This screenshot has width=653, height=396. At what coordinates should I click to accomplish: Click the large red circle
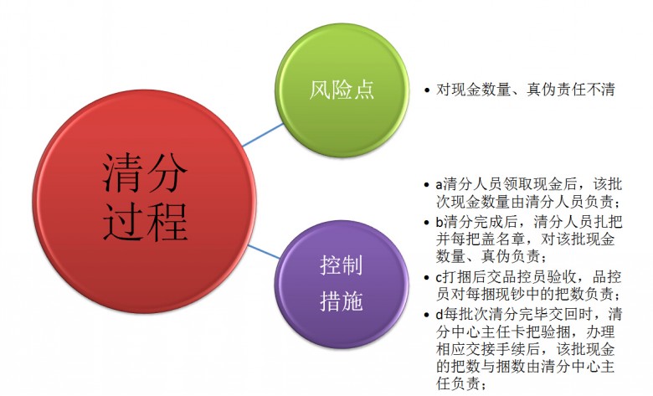144,202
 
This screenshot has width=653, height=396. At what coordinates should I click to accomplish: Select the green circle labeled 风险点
342,90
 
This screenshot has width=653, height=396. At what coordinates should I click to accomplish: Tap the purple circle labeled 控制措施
342,285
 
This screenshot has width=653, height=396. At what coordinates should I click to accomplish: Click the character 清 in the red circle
122,172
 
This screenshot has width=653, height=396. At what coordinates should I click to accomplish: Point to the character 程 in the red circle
167,222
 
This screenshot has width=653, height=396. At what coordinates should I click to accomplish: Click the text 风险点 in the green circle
342,90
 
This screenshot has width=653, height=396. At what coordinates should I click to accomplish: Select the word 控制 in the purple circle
342,265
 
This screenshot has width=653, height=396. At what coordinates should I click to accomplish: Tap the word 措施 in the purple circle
342,301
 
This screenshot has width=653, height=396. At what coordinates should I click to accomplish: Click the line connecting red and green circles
263,135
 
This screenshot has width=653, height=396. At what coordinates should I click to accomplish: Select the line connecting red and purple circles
264,251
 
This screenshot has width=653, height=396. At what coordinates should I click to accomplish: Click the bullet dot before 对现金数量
426,90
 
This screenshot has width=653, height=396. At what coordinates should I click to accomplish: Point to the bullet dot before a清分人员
426,185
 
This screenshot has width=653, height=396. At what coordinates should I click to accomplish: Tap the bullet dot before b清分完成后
426,223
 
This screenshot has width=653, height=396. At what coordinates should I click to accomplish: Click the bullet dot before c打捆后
426,278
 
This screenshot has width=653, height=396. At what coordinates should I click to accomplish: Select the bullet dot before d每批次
426,315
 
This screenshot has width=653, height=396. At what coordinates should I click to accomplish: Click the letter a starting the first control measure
440,185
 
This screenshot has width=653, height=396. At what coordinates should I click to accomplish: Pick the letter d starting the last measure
440,314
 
